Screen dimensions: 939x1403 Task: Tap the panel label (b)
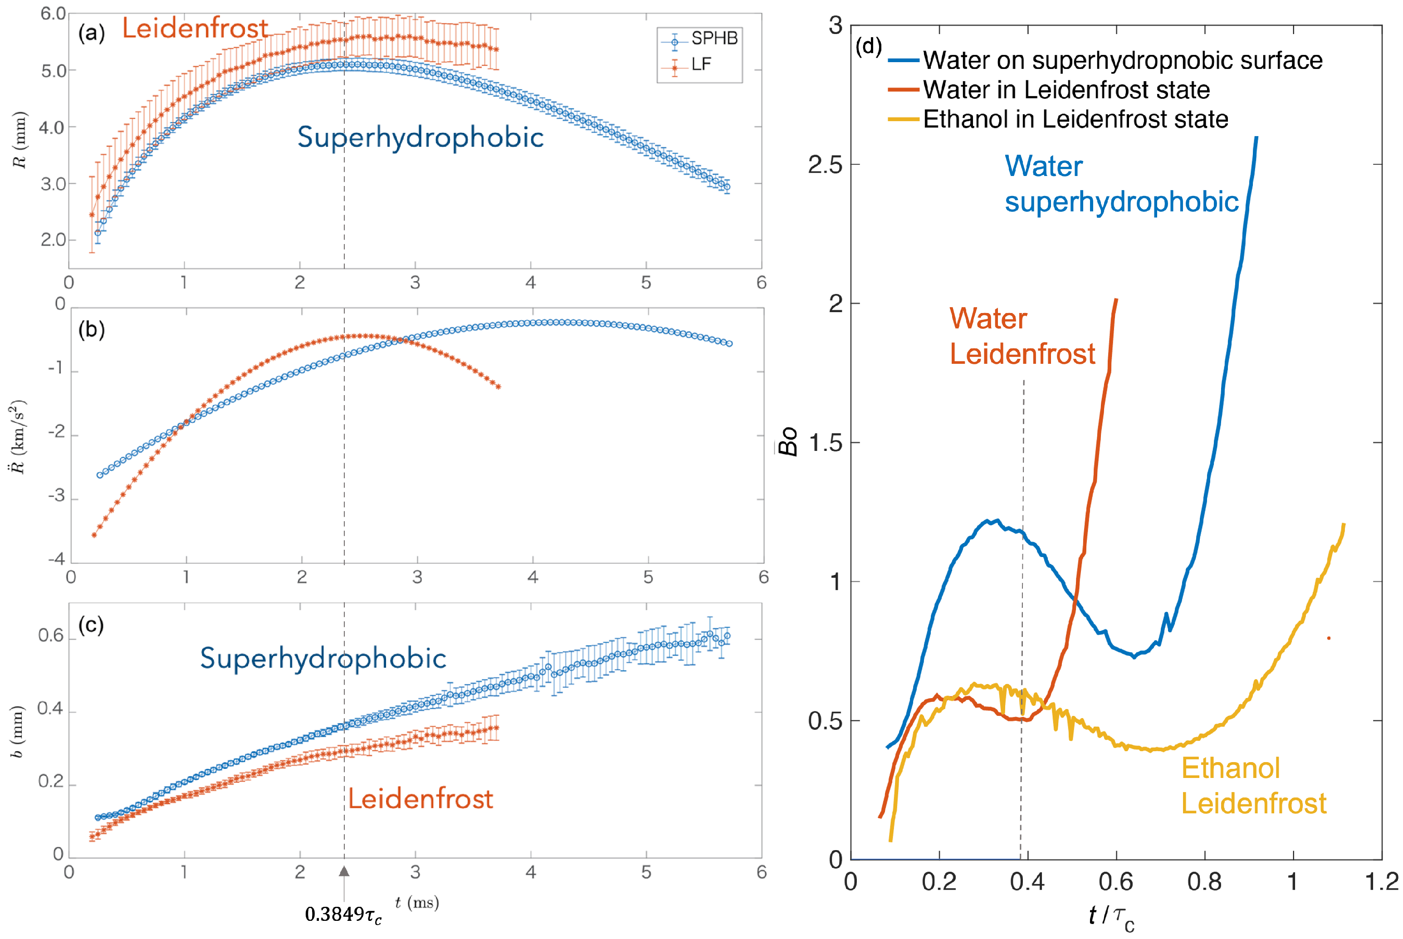[92, 330]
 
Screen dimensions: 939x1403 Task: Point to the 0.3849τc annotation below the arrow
[343, 915]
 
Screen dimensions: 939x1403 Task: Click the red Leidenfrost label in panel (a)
[195, 28]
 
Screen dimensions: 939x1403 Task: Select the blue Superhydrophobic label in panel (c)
[323, 658]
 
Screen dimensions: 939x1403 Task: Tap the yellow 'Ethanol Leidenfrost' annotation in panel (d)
[1253, 786]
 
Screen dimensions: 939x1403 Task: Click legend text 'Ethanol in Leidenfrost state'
[1075, 119]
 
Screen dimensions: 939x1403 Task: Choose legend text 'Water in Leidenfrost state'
[1066, 90]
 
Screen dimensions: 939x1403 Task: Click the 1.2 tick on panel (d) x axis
[1381, 881]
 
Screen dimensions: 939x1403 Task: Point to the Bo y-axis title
[789, 441]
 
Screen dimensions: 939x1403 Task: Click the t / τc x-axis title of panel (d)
[1111, 917]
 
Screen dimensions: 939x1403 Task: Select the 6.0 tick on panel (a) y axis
[53, 14]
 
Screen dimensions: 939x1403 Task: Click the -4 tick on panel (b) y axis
[56, 559]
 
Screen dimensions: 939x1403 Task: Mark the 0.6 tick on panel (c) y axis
[51, 636]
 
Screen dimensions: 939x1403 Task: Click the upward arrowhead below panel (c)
[344, 872]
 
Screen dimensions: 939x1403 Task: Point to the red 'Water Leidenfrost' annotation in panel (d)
[1022, 337]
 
